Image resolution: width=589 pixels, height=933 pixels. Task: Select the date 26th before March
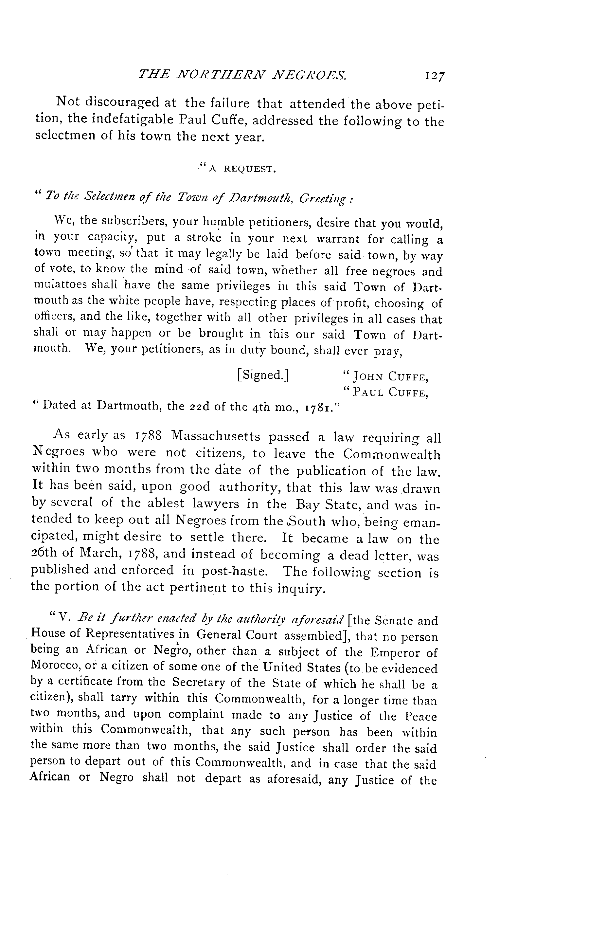point(43,553)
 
